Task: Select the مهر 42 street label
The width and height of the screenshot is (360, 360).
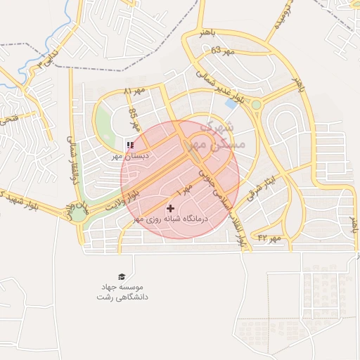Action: [x=268, y=238]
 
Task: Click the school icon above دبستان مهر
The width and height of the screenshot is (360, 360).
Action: [x=129, y=145]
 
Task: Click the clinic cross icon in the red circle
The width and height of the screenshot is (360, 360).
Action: [x=171, y=208]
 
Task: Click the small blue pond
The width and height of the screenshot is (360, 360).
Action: [x=231, y=103]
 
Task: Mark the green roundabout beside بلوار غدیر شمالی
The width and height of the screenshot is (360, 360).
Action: [x=257, y=105]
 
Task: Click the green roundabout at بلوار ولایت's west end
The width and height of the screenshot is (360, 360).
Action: [x=79, y=214]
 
